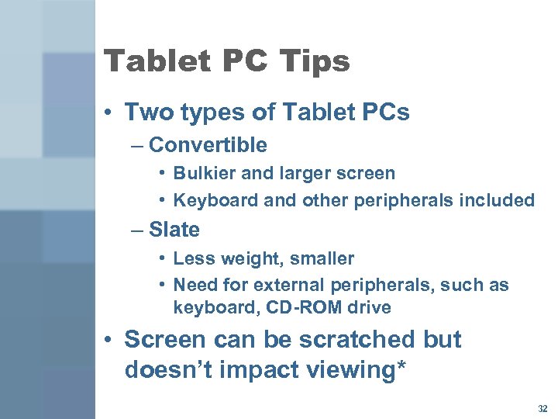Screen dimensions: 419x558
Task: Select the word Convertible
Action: [x=208, y=145]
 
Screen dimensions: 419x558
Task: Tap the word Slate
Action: [x=174, y=230]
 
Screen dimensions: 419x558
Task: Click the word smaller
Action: [x=320, y=258]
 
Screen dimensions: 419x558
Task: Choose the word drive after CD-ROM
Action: [x=367, y=307]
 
